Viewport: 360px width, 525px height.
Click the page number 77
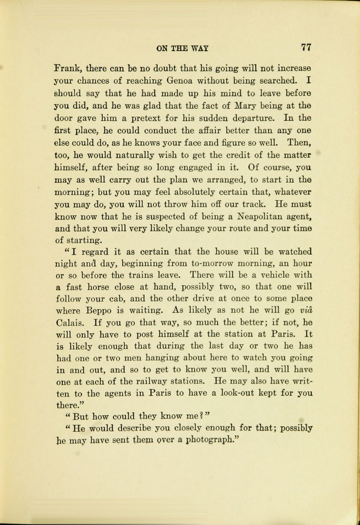306,47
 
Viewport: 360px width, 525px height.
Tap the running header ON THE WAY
182,48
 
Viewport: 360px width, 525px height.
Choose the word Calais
69,322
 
